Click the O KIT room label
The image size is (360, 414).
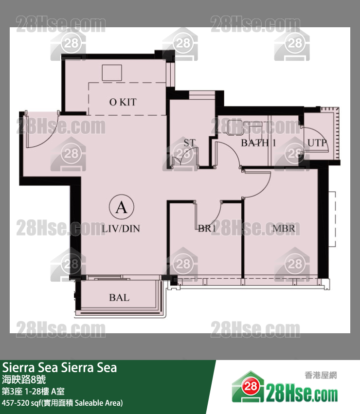tap(123, 102)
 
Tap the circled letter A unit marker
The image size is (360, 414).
tap(121, 208)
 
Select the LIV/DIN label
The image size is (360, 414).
tap(121, 228)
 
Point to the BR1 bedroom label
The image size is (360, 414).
tap(207, 229)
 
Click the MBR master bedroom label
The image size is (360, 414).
tap(284, 229)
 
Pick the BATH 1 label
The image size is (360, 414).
tap(258, 143)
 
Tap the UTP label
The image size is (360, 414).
tap(317, 143)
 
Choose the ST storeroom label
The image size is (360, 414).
tap(189, 143)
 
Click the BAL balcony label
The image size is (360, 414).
tap(119, 297)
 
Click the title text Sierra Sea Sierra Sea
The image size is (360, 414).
tap(60, 367)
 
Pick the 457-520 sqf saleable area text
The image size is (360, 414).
tap(62, 403)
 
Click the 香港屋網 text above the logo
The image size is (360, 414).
tap(321, 375)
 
